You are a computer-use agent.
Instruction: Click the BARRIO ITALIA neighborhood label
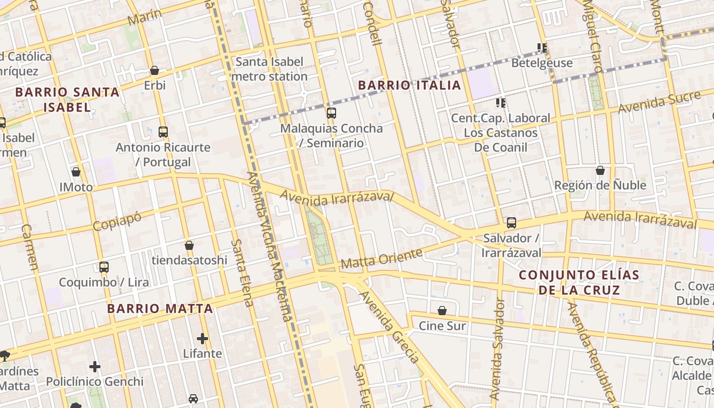[410, 85]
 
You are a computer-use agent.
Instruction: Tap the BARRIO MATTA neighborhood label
[160, 309]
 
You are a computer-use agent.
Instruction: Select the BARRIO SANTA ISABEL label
[67, 99]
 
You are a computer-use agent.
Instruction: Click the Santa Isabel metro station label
[269, 69]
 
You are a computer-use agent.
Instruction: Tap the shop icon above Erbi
[155, 70]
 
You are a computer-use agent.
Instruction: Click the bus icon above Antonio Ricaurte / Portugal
[163, 132]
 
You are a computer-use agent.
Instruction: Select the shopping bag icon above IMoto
[76, 172]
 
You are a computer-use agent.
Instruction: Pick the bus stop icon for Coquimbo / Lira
[104, 267]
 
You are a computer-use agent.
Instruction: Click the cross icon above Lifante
[202, 338]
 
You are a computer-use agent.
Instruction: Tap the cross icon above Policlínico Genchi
[95, 366]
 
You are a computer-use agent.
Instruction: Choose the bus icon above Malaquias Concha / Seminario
[331, 113]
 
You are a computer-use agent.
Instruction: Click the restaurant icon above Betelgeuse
[542, 48]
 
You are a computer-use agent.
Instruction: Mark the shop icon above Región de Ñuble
[600, 170]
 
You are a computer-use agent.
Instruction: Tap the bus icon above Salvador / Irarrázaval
[512, 223]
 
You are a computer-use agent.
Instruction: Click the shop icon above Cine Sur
[442, 311]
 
